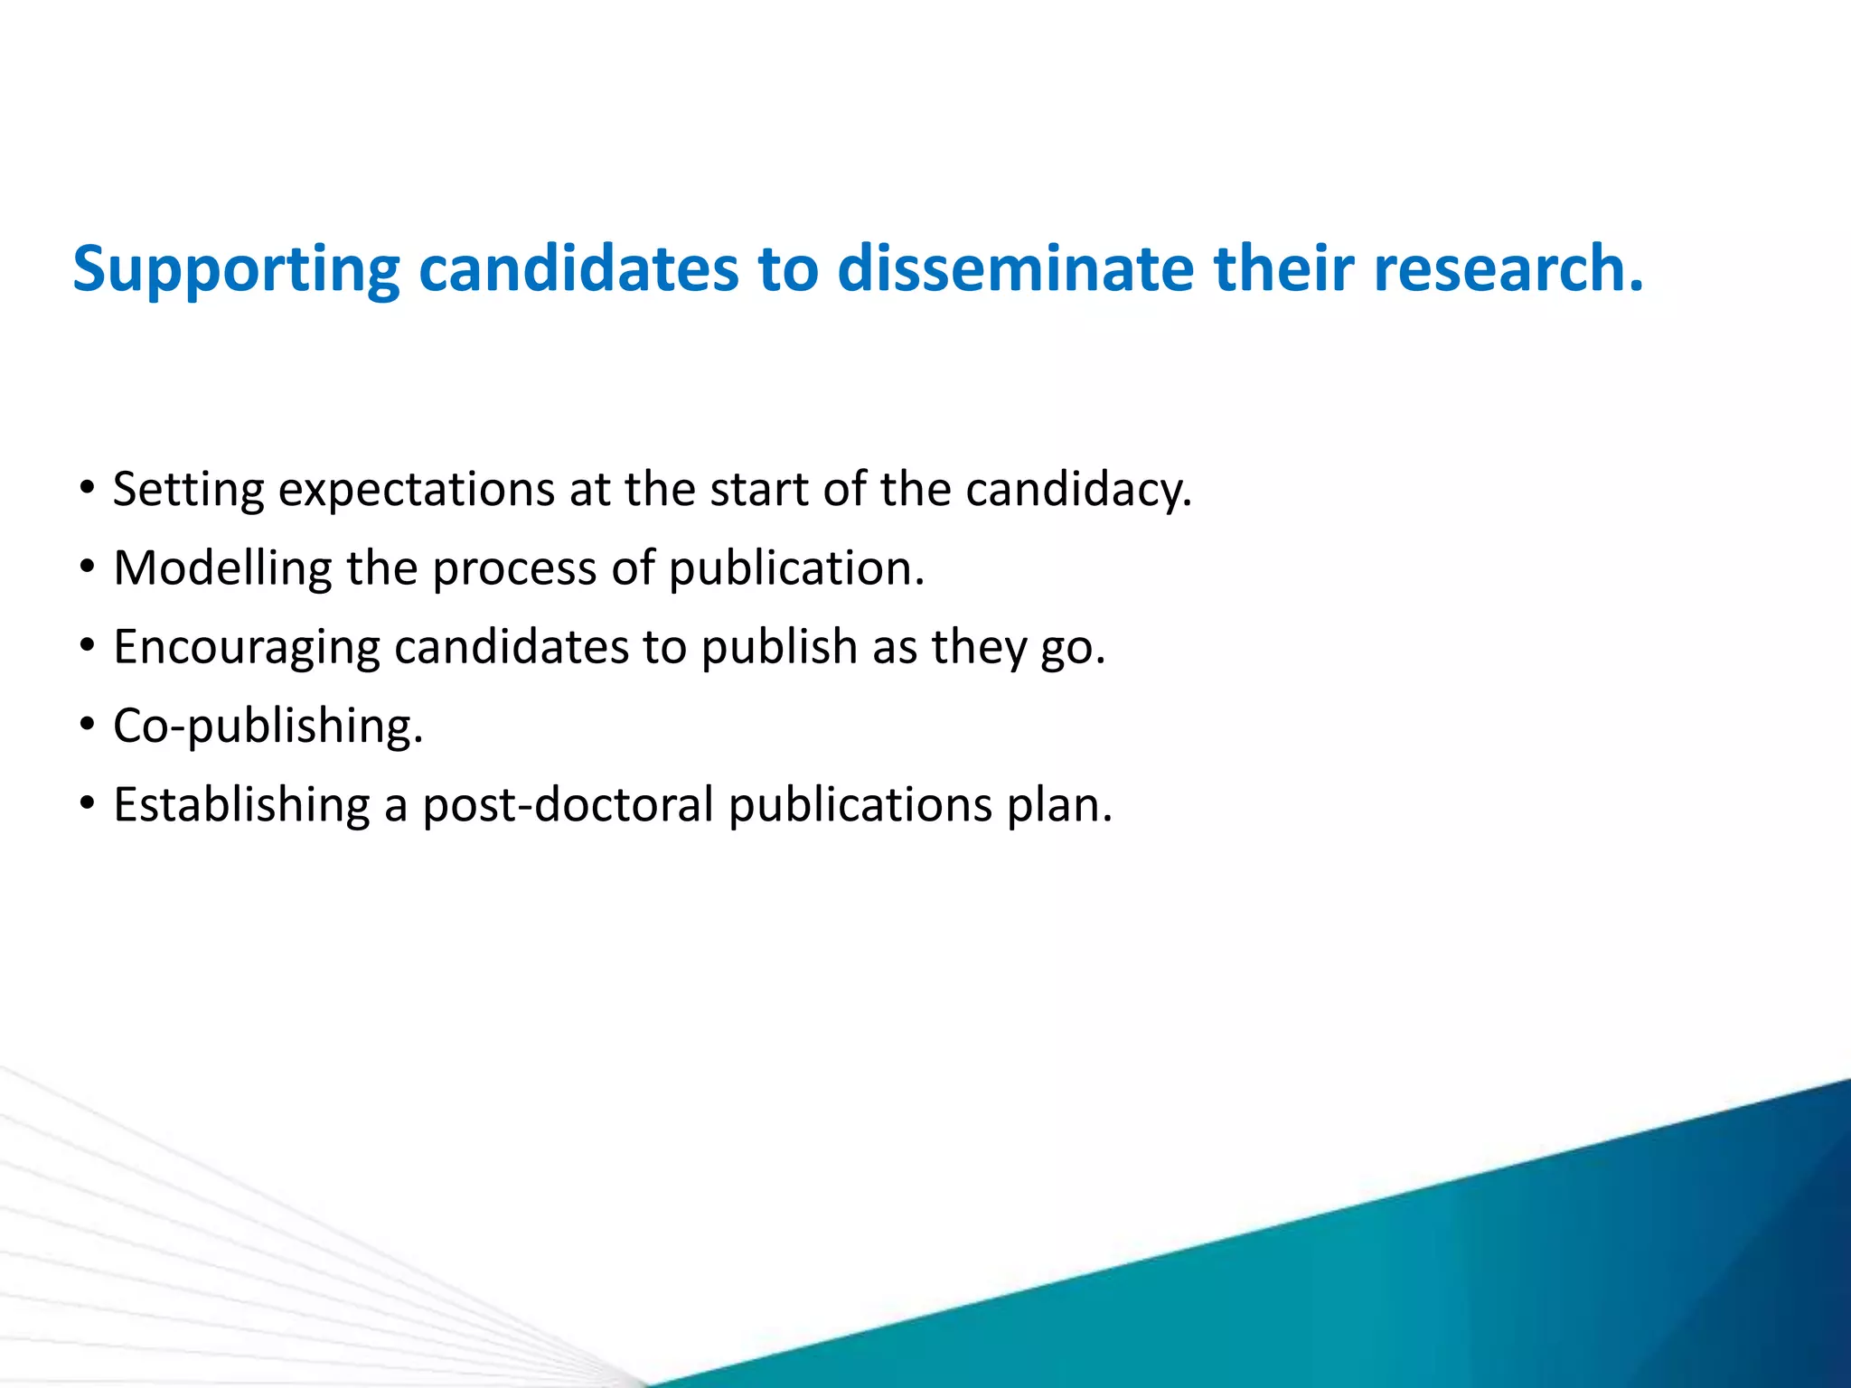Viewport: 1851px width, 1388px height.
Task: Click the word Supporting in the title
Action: [236, 269]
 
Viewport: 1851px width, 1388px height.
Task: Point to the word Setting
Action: [188, 490]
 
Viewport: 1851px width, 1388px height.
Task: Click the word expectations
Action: [416, 490]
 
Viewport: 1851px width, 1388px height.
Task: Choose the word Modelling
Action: [222, 568]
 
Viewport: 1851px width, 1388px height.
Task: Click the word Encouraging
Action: [246, 648]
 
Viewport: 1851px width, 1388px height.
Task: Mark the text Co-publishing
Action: [268, 727]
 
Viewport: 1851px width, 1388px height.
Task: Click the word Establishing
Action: [241, 804]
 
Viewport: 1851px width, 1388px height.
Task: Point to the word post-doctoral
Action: [568, 804]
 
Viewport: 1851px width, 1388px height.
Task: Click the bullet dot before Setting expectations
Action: [87, 489]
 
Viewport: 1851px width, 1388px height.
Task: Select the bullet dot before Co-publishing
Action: [87, 725]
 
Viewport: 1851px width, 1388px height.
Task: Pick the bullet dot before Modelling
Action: [87, 567]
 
